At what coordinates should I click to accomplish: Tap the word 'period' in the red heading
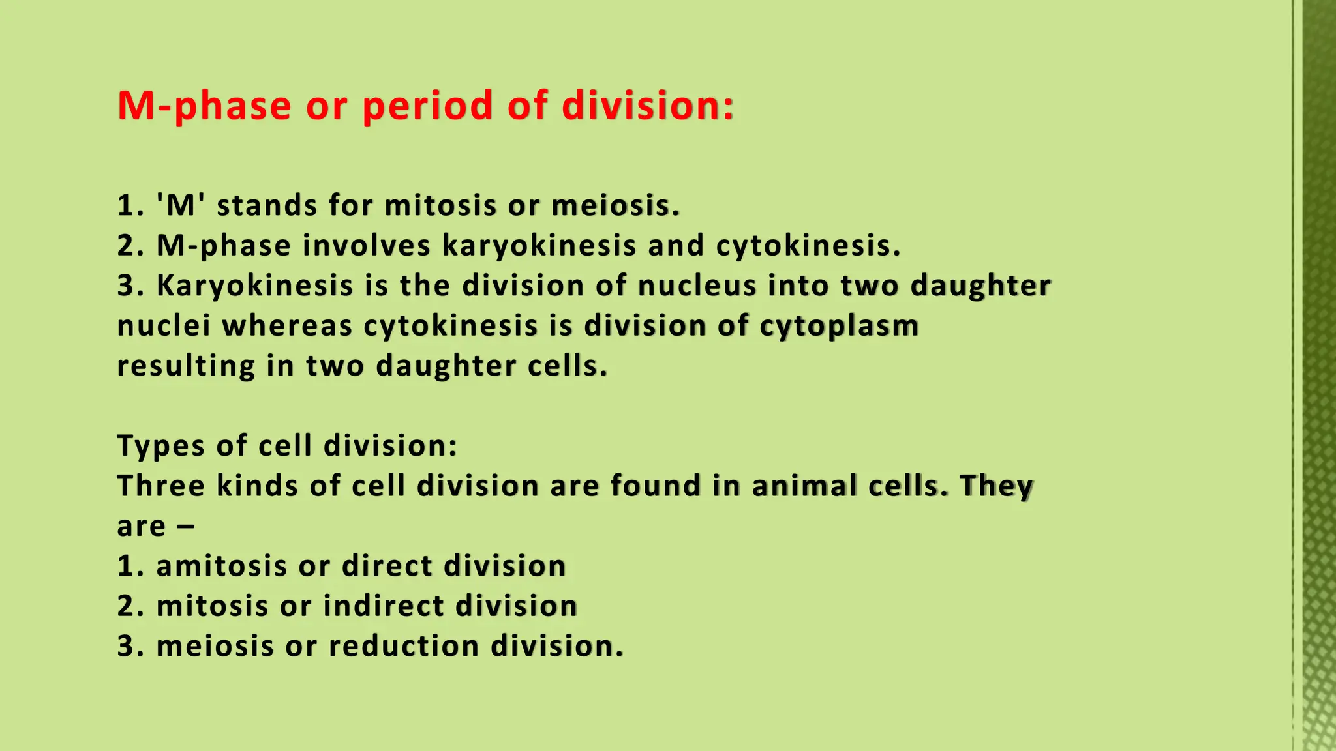(427, 106)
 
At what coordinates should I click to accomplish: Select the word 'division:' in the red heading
(648, 106)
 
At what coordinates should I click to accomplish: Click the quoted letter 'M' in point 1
(181, 205)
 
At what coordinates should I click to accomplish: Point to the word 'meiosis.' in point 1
(615, 206)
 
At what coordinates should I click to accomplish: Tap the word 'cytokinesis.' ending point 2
(808, 246)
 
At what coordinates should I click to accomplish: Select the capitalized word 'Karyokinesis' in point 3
(254, 286)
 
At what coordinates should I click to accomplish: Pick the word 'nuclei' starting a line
(164, 326)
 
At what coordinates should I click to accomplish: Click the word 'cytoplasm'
(839, 326)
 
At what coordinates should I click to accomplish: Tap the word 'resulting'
(186, 366)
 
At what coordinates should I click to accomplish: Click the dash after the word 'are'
(185, 527)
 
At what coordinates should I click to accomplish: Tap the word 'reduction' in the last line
(404, 646)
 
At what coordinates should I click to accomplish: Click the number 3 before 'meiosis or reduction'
(125, 646)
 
